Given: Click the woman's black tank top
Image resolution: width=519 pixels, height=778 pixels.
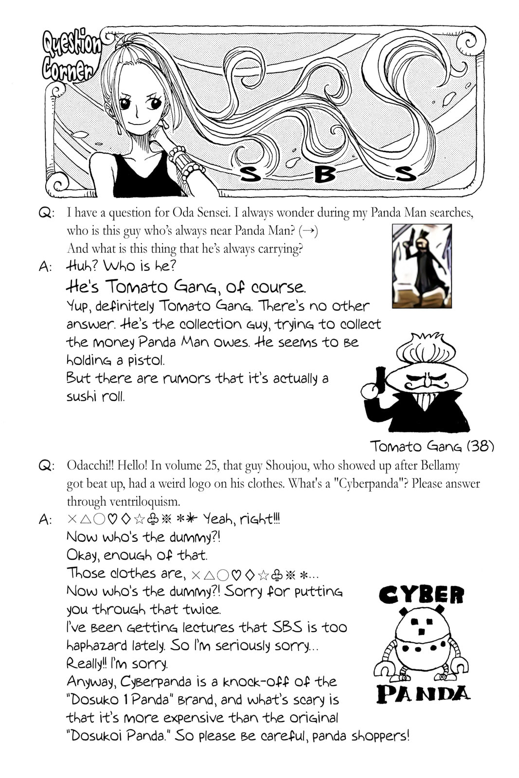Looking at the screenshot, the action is (x=146, y=177).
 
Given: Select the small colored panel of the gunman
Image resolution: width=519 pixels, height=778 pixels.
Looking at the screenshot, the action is (x=422, y=266).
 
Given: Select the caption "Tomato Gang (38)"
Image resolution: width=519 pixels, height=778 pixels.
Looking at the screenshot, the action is (x=432, y=446).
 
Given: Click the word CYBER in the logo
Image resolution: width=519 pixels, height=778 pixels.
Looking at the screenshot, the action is (x=421, y=595).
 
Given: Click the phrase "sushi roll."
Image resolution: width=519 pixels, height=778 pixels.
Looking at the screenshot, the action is (x=95, y=396).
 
